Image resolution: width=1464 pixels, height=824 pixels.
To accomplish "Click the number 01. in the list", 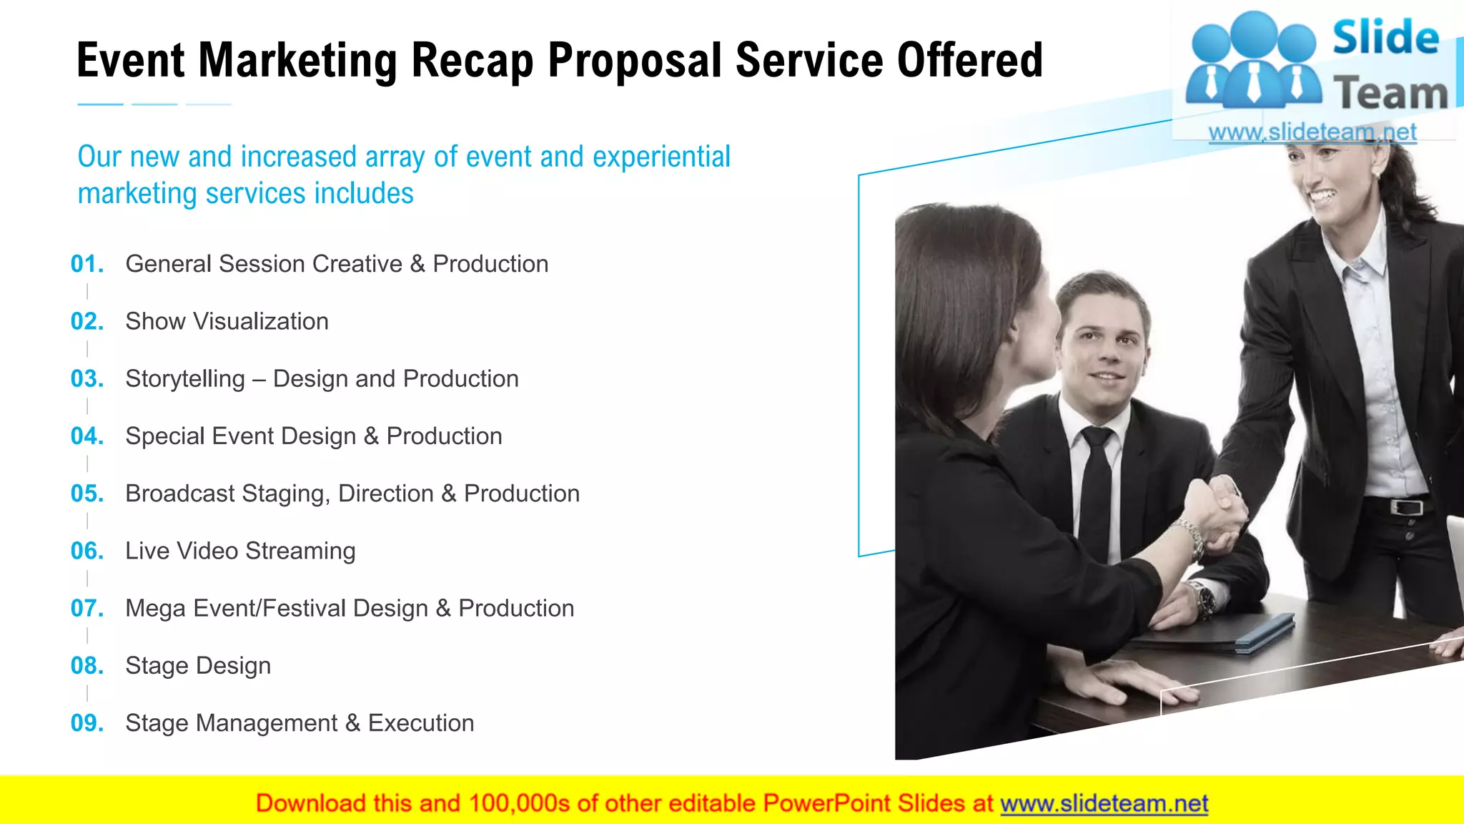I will click(87, 264).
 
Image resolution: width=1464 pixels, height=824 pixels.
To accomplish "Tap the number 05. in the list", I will click(87, 494).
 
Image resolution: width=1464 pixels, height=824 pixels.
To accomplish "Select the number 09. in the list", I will click(87, 723).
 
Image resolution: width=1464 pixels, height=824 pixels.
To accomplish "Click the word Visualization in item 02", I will click(261, 322).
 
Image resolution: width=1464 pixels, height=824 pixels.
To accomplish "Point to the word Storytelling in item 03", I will click(185, 379).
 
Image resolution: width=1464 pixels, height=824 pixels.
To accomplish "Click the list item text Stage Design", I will click(198, 666).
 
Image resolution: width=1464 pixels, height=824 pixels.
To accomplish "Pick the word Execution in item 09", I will click(421, 723).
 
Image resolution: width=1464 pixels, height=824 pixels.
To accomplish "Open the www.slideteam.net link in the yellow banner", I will click(1104, 804).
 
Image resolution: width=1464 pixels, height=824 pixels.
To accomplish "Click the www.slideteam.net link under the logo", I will click(1312, 132).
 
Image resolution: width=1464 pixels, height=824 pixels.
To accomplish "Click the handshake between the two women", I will click(1219, 511).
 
